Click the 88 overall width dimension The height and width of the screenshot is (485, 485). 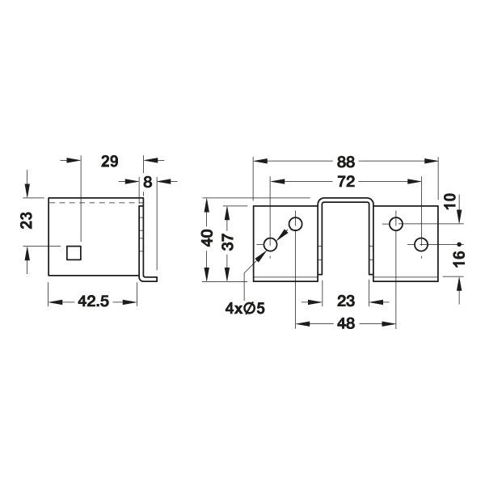(346, 161)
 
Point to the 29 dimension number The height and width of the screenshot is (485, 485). (108, 161)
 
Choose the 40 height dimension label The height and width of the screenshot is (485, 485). (208, 239)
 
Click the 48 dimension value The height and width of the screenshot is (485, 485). (346, 323)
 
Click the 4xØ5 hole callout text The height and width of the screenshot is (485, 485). (246, 307)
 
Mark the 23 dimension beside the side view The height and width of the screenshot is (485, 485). (27, 220)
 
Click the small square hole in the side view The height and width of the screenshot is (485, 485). (74, 254)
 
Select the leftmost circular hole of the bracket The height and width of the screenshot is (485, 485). (271, 244)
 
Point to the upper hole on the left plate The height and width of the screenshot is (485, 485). (296, 223)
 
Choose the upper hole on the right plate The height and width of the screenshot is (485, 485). (396, 223)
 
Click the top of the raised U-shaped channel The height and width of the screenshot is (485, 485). (346, 199)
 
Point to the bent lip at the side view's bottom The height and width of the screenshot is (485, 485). (149, 276)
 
